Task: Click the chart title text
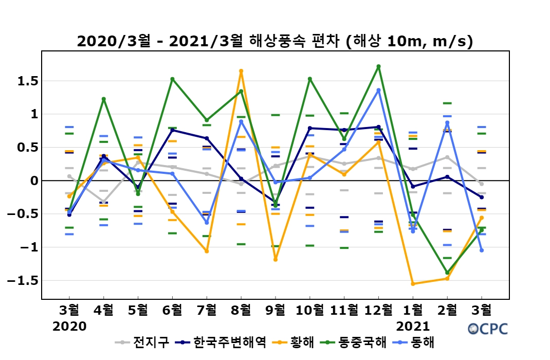pyautogui.click(x=274, y=42)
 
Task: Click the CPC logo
pyautogui.click(x=488, y=329)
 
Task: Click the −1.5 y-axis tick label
pyautogui.click(x=23, y=281)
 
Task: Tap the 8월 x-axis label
pyautogui.click(x=241, y=310)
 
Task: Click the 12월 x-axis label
pyautogui.click(x=378, y=310)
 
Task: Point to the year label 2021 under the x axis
pyautogui.click(x=413, y=326)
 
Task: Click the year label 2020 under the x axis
pyautogui.click(x=69, y=326)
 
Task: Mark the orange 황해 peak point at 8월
pyautogui.click(x=241, y=71)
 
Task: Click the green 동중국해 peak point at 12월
pyautogui.click(x=378, y=66)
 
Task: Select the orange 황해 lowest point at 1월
pyautogui.click(x=413, y=284)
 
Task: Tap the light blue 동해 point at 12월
pyautogui.click(x=378, y=90)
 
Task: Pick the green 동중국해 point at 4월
pyautogui.click(x=103, y=99)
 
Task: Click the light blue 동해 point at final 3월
pyautogui.click(x=482, y=250)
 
